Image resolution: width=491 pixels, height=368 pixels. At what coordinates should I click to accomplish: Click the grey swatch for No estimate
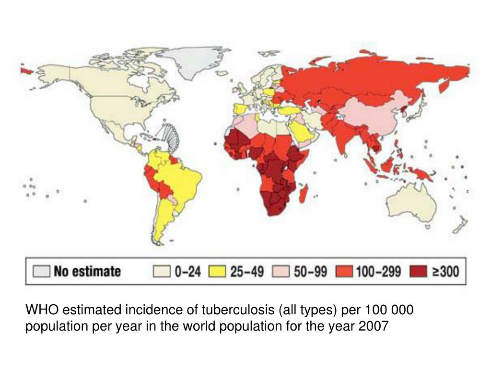(41, 272)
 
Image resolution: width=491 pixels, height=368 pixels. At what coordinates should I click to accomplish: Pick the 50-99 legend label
(310, 272)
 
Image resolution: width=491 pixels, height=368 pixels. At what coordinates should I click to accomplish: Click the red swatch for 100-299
(345, 272)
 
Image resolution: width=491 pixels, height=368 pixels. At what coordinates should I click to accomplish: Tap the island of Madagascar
(303, 194)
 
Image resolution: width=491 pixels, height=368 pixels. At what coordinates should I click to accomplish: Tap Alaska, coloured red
(26, 70)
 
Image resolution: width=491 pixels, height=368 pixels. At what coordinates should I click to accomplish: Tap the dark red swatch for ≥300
(417, 272)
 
